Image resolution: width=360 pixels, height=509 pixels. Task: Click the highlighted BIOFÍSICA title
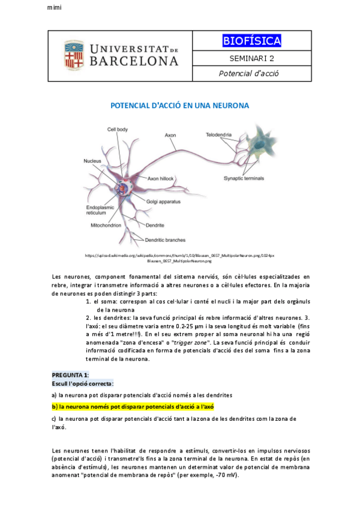(251, 41)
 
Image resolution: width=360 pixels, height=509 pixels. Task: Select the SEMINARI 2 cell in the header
(251, 58)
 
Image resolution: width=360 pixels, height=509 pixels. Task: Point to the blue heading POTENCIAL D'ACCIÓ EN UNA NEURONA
(180, 105)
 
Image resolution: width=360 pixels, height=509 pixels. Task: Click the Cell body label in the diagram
(118, 129)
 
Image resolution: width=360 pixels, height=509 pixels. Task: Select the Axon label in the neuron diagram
(171, 135)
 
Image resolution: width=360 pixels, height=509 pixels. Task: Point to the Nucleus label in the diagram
(92, 161)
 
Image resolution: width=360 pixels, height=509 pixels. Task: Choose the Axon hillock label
(161, 179)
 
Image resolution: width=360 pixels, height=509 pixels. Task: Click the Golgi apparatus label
(163, 202)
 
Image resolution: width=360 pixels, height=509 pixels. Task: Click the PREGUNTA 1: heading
(70, 375)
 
